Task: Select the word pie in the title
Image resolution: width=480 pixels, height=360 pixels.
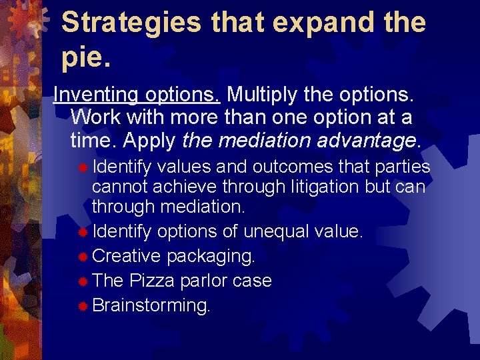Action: pos(82,59)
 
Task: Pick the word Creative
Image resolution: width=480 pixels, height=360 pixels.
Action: pos(126,256)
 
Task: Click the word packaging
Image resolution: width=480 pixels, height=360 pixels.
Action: pos(211,256)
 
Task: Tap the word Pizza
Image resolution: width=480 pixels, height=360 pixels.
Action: pos(155,281)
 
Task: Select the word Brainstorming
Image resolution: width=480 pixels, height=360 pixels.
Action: pos(151,305)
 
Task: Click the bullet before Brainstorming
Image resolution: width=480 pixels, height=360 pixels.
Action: pos(83,306)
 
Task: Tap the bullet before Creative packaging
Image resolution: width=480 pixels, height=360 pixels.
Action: pos(83,257)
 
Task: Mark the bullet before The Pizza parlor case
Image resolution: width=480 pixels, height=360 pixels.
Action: pos(83,281)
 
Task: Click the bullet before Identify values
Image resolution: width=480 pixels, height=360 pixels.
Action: pos(83,167)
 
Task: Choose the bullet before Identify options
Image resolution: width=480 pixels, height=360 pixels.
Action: pos(83,233)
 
